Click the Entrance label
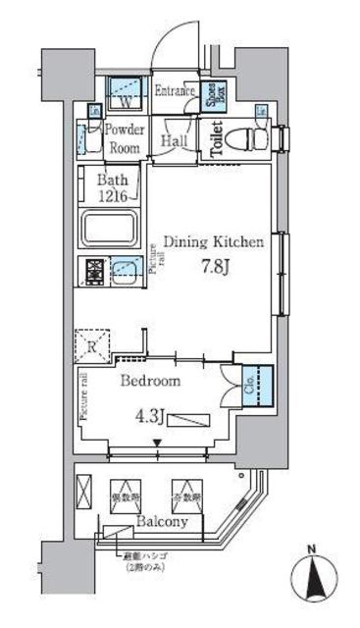178,90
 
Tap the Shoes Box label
213,97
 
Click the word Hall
176,142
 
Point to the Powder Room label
125,138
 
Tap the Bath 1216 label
113,186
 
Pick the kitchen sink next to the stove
126,269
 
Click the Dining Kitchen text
212,242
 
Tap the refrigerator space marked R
89,344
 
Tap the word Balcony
163,523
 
